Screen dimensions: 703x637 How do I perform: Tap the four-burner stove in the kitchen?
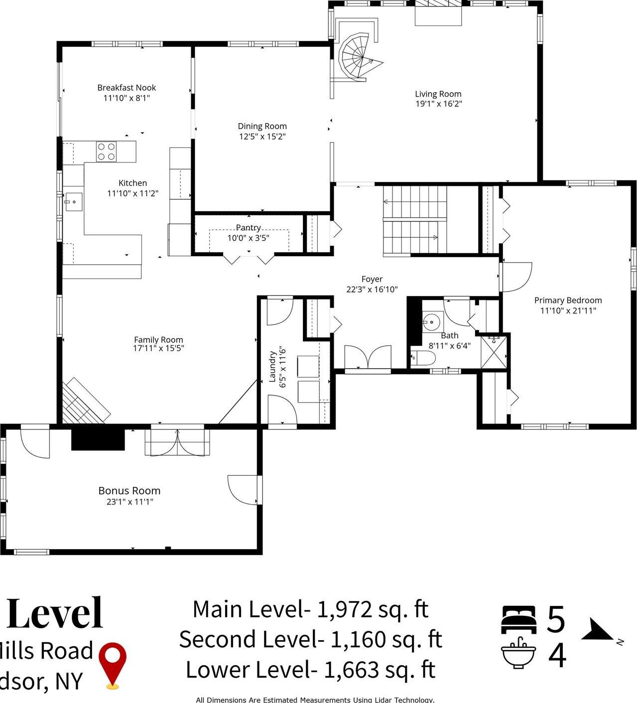106,151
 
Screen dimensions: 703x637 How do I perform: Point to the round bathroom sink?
432,322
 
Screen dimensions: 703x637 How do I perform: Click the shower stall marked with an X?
494,352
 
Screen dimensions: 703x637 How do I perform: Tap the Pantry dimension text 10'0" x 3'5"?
249,238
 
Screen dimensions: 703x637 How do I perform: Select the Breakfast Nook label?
127,88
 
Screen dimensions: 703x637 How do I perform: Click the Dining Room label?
262,127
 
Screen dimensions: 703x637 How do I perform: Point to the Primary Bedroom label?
568,300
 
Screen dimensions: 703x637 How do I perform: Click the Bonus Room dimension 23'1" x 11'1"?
129,502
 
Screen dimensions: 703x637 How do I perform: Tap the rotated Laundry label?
272,366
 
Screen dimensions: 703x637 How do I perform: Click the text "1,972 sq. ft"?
373,609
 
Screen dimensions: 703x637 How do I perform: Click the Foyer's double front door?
368,358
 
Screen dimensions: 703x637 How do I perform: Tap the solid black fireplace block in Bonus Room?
98,438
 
